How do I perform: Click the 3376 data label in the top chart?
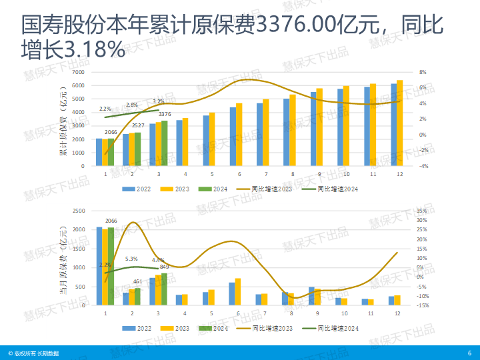pyautogui.click(x=165, y=114)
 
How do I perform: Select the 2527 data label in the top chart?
pyautogui.click(x=139, y=125)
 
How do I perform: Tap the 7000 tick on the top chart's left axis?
pyautogui.click(x=79, y=72)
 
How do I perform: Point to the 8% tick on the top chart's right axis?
pyautogui.click(x=423, y=72)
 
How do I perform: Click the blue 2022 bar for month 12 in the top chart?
pyautogui.click(x=394, y=125)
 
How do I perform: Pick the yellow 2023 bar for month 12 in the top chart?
pyautogui.click(x=400, y=123)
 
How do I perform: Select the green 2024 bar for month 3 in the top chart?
pyautogui.click(x=165, y=143)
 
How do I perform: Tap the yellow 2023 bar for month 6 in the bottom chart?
pyautogui.click(x=238, y=292)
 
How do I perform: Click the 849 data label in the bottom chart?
pyautogui.click(x=165, y=267)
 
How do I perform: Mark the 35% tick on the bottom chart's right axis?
pyautogui.click(x=421, y=211)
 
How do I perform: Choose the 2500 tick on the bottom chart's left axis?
pyautogui.click(x=79, y=211)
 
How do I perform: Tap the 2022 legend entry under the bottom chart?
pyautogui.click(x=138, y=328)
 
